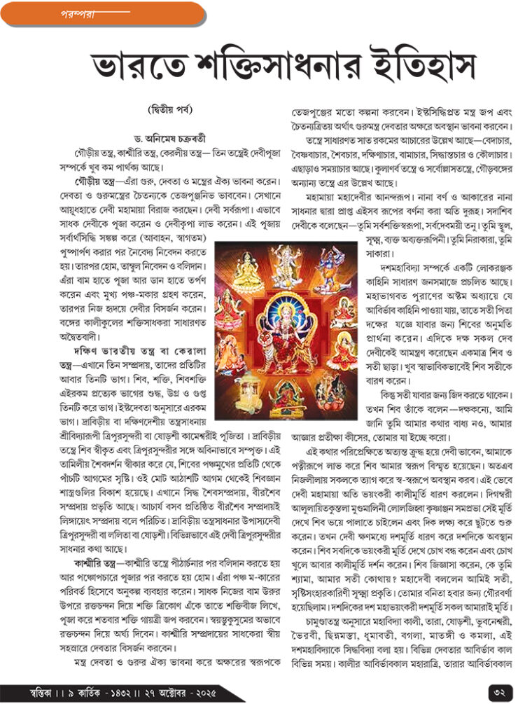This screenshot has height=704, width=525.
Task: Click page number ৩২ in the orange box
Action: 498,690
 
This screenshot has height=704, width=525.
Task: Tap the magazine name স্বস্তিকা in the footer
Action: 36,691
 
